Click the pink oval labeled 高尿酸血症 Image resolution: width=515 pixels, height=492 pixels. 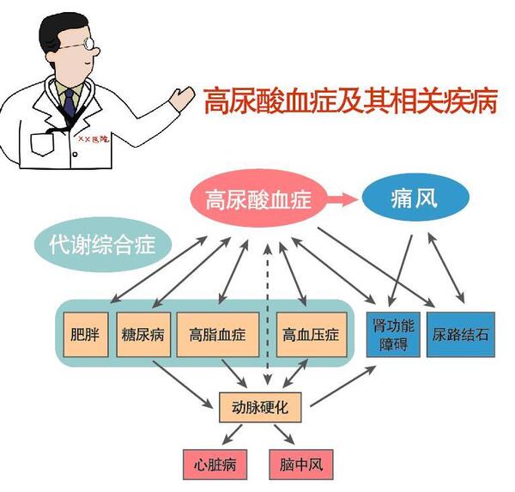click(x=257, y=203)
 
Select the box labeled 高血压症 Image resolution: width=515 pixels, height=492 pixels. click(x=308, y=333)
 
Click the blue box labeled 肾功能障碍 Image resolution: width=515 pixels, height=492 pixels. click(x=395, y=336)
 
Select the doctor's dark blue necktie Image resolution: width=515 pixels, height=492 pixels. click(x=68, y=103)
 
